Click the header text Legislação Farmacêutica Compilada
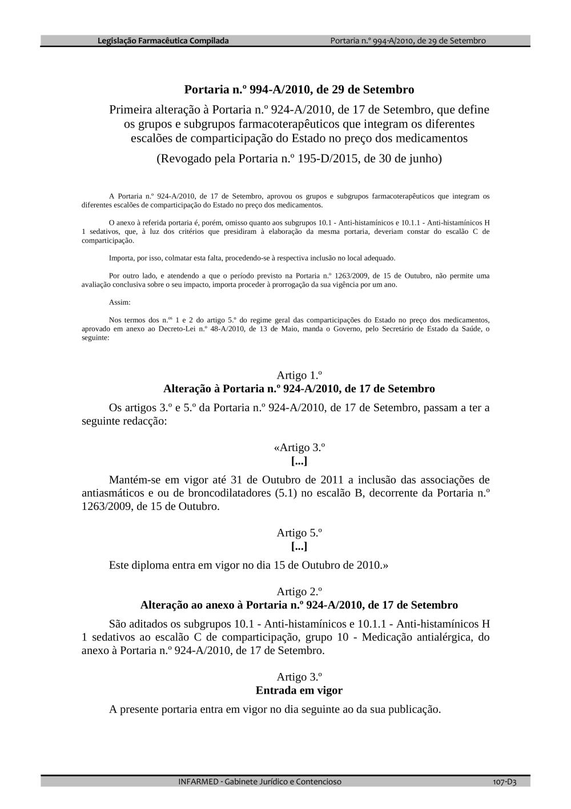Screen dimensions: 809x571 point(163,41)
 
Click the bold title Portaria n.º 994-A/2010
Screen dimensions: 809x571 point(299,90)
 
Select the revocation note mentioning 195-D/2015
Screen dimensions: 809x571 point(299,158)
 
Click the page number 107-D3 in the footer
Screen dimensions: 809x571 point(505,782)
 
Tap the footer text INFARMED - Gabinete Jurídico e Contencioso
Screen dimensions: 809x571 point(260,782)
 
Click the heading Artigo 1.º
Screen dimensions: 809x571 point(299,375)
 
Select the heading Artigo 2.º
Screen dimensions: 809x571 point(299,591)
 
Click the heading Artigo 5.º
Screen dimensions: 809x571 point(299,533)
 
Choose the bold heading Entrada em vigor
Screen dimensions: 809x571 point(299,690)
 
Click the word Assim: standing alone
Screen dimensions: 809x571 point(119,302)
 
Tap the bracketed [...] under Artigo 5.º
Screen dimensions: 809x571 point(299,547)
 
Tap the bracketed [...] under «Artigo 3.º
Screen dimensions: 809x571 point(299,461)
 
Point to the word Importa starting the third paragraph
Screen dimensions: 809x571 point(119,258)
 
